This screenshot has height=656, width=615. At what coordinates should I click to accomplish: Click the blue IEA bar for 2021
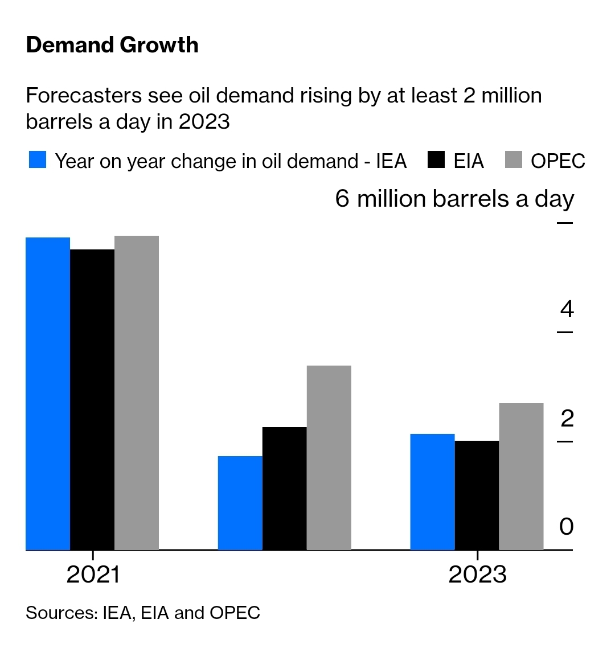(x=48, y=393)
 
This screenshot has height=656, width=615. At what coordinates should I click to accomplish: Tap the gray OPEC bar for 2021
(x=137, y=393)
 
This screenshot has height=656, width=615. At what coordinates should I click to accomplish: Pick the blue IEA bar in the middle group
(x=240, y=503)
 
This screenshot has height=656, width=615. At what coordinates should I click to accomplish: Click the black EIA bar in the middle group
(x=285, y=488)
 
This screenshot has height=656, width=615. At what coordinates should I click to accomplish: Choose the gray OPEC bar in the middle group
(x=329, y=457)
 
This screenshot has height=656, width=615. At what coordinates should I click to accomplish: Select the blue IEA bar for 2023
(x=433, y=491)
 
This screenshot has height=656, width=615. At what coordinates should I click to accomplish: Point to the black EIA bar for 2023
(x=477, y=495)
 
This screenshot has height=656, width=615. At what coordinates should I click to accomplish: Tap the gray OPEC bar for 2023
(x=522, y=476)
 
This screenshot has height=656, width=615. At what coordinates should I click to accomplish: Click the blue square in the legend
(x=38, y=160)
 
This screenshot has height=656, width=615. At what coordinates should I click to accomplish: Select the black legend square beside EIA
(x=436, y=160)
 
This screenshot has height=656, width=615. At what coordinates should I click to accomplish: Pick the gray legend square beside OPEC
(x=514, y=160)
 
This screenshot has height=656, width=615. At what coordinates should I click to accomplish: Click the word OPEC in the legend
(x=558, y=161)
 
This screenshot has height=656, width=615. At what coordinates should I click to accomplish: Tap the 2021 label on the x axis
(x=93, y=575)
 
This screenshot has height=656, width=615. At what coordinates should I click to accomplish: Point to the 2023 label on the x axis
(x=477, y=575)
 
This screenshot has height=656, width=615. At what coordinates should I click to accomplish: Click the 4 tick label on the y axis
(x=567, y=309)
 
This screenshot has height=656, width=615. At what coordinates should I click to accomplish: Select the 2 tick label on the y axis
(x=567, y=419)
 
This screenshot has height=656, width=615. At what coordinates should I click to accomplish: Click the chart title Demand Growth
(x=112, y=45)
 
